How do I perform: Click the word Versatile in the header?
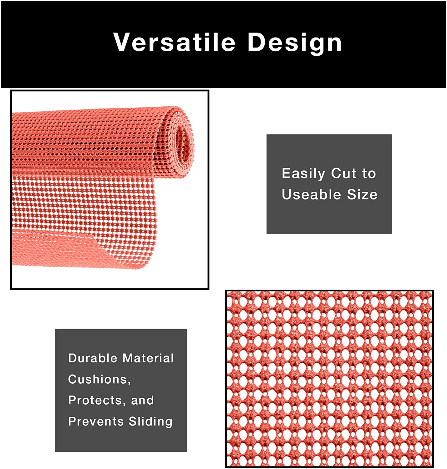click(174, 42)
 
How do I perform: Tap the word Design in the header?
click(295, 44)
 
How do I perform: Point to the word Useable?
click(311, 194)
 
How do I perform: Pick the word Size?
click(362, 194)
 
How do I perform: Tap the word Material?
click(148, 358)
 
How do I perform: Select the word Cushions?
click(98, 379)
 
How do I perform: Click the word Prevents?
click(96, 421)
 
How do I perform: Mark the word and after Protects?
click(142, 400)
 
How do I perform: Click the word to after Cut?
click(369, 174)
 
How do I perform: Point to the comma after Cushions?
click(129, 383)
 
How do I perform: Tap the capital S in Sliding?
click(133, 421)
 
